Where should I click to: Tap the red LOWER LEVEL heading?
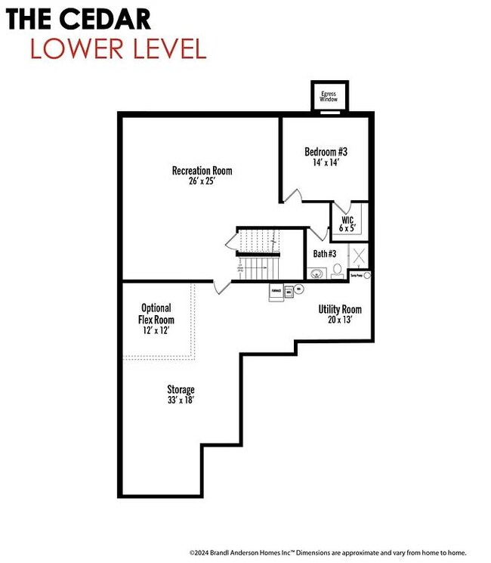(x=118, y=48)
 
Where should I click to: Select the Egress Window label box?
(x=329, y=96)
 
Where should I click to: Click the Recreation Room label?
(x=202, y=171)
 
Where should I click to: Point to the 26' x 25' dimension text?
(x=202, y=181)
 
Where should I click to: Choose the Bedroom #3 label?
(x=326, y=151)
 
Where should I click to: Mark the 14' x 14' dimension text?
(x=326, y=162)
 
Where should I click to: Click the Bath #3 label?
(x=325, y=253)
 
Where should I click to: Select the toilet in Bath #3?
(x=337, y=269)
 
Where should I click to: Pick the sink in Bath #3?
(x=318, y=273)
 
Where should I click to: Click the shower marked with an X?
(x=360, y=255)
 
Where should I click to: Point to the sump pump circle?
(x=367, y=276)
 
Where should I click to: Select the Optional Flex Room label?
(x=156, y=314)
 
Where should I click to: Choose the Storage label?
(x=181, y=390)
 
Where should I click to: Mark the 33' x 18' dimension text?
(x=181, y=401)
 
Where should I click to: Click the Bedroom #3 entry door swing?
(x=293, y=195)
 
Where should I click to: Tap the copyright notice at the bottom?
(x=327, y=552)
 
